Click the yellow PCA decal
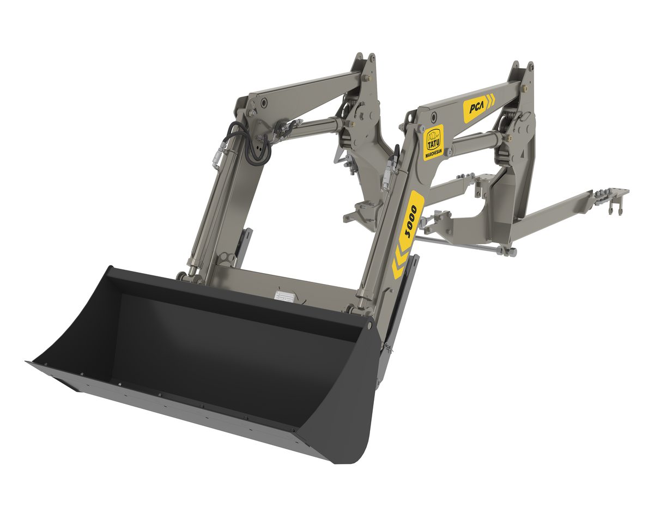[x=479, y=107]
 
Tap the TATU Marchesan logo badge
[x=434, y=143]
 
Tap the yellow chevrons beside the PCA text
[x=491, y=100]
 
